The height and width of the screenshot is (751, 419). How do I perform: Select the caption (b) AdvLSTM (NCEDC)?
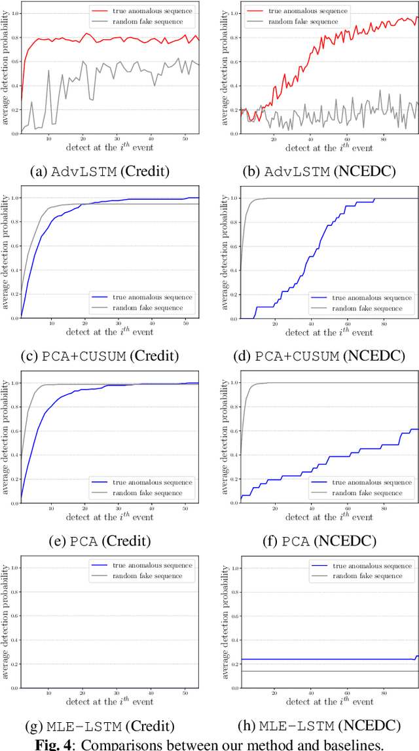coord(319,172)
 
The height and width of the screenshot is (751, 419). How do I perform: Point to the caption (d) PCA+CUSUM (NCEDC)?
coord(319,357)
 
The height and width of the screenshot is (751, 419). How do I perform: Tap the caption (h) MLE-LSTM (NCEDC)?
coord(319,726)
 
